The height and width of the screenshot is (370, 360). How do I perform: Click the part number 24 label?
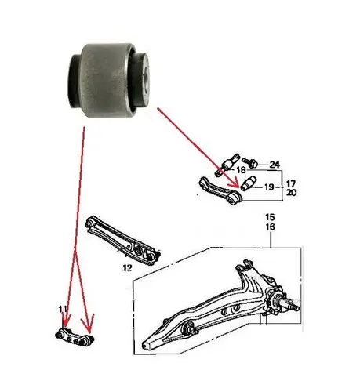tap(275, 165)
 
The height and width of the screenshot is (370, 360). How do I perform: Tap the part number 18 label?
tap(241, 170)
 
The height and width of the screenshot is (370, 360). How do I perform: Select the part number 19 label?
tap(269, 187)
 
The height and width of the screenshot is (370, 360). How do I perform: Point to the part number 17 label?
tap(291, 183)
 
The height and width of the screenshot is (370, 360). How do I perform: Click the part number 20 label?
tap(291, 193)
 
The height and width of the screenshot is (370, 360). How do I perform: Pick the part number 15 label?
tap(270, 217)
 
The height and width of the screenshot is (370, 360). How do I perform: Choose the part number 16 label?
tap(270, 227)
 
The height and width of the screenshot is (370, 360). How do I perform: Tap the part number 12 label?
tap(127, 268)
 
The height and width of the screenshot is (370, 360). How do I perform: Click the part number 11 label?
tap(63, 309)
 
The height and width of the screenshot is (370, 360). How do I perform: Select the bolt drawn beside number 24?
tap(250, 163)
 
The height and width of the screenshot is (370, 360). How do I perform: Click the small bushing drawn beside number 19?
tap(249, 183)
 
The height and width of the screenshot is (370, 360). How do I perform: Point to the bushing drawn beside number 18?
tap(227, 165)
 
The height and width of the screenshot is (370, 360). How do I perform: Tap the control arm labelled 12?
tap(122, 240)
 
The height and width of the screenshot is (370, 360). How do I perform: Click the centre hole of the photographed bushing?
tap(147, 79)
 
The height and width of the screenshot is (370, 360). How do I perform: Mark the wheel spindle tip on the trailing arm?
tap(297, 309)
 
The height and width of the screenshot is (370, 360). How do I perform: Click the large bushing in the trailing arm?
tap(187, 329)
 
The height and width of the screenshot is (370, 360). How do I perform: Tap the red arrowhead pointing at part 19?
tap(235, 182)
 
